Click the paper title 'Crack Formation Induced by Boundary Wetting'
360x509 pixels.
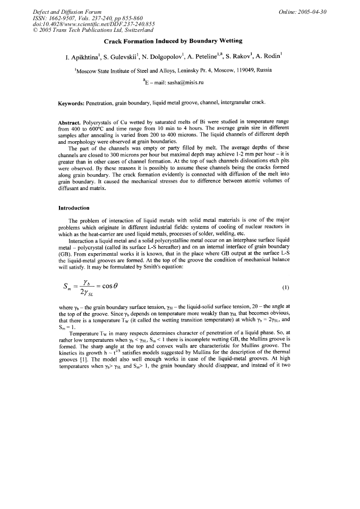click(x=173, y=41)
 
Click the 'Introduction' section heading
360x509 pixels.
click(x=74, y=208)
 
